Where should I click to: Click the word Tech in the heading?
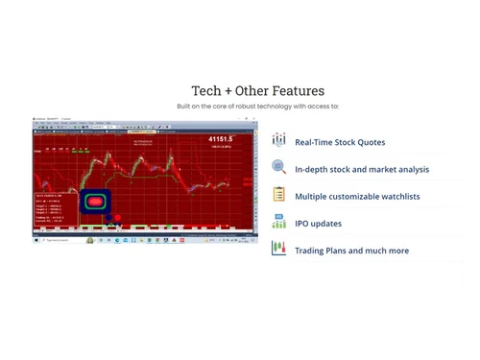click(x=206, y=91)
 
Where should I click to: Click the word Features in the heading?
click(x=297, y=91)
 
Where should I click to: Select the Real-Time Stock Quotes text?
click(x=340, y=142)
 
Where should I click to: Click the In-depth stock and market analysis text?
click(x=362, y=169)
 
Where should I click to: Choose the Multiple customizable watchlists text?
click(x=357, y=196)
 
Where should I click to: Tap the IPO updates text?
click(x=318, y=224)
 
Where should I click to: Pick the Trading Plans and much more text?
click(x=351, y=251)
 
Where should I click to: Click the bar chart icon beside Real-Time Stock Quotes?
click(x=278, y=140)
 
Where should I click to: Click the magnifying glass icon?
click(x=278, y=167)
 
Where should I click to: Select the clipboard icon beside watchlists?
click(x=278, y=195)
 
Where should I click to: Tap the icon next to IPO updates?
click(x=278, y=222)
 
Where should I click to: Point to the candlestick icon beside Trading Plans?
click(x=278, y=249)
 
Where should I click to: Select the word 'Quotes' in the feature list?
click(x=371, y=142)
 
